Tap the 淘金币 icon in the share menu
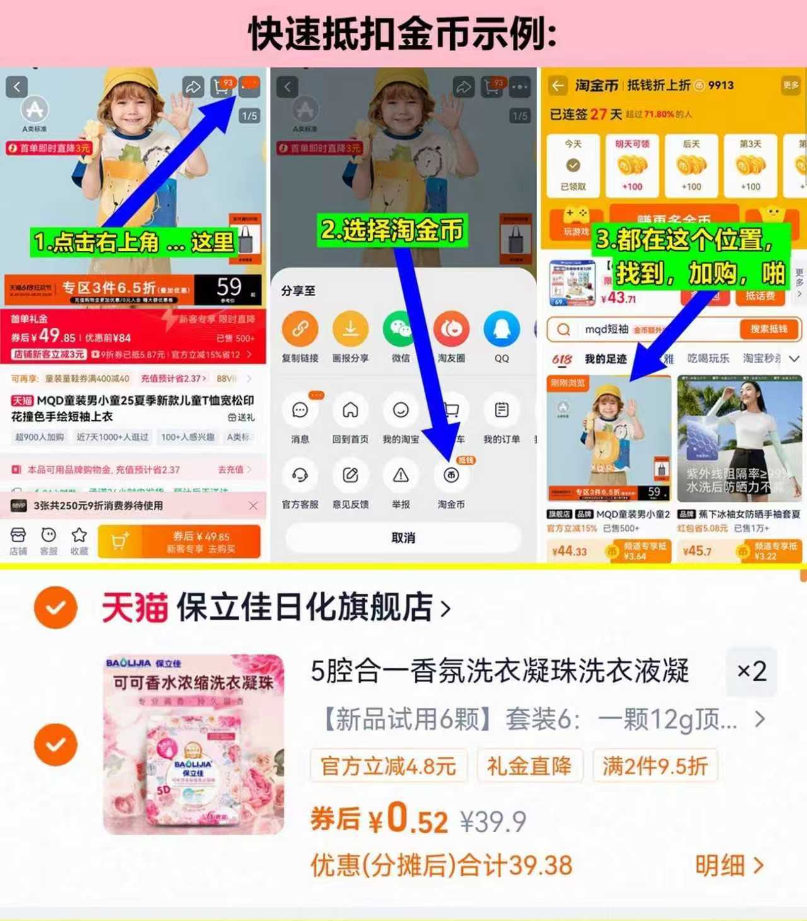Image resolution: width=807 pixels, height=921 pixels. coord(451,476)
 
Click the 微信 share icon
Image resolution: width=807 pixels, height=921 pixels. coord(400,329)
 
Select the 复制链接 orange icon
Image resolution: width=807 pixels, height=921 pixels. coord(299,329)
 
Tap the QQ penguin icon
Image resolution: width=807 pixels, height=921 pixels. coord(501,329)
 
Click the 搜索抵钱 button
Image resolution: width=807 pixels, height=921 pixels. coord(768,329)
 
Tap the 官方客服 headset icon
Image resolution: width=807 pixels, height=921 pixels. coord(299,476)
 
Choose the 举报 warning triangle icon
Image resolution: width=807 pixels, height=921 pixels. coord(400,476)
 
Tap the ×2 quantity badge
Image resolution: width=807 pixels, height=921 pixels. coord(752,671)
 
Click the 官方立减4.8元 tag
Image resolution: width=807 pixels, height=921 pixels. coord(388,767)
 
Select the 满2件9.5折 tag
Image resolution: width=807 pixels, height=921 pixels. coord(654,767)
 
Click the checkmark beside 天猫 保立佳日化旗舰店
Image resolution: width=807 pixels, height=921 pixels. coord(55,607)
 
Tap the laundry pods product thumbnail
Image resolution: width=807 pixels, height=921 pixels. coord(194,744)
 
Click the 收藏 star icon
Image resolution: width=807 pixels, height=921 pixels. coord(79,536)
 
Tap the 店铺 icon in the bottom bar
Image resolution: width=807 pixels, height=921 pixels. coord(18,536)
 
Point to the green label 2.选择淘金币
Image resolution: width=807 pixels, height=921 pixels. coord(392,230)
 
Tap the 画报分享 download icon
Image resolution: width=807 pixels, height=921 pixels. coord(350,329)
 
